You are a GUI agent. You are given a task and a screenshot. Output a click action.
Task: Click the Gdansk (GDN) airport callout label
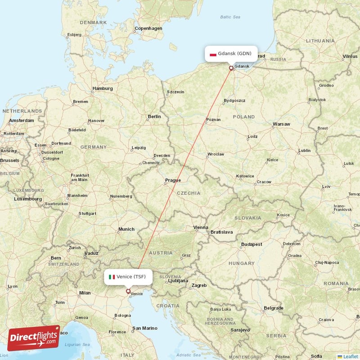(231, 54)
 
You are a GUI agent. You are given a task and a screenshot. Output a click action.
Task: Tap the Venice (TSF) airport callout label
(128, 277)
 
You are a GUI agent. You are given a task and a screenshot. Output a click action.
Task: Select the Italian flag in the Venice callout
(112, 277)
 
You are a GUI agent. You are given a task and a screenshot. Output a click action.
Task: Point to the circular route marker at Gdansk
(231, 68)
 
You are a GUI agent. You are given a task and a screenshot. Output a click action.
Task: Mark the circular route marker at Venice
(128, 292)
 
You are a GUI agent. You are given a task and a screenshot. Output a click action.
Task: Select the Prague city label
(173, 180)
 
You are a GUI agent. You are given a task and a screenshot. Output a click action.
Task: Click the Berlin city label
(154, 117)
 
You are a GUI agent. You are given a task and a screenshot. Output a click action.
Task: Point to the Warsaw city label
(281, 124)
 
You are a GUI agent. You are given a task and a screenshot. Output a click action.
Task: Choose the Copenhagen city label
(148, 28)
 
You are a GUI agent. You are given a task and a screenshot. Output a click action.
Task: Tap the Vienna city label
(201, 227)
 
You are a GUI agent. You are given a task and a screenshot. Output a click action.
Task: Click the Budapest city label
(252, 244)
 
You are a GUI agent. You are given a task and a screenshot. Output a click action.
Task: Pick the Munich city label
(126, 229)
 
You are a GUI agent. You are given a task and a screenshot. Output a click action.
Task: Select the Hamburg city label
(102, 89)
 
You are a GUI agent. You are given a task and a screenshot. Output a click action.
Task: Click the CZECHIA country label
(189, 193)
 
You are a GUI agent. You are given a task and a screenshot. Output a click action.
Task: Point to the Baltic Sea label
(230, 17)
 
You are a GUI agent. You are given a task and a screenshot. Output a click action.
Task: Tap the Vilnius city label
(349, 56)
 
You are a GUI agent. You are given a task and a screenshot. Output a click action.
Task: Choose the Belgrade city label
(274, 308)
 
